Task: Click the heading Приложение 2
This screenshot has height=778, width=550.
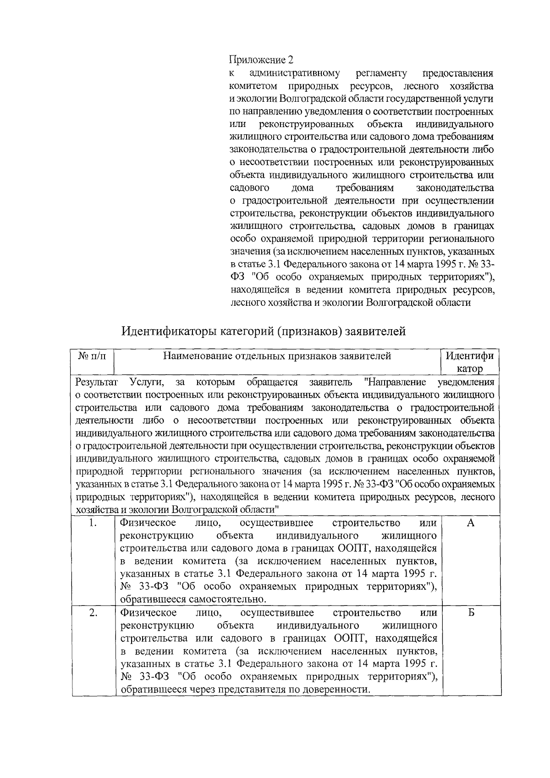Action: coord(260,60)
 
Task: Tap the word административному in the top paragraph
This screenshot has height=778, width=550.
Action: coord(295,73)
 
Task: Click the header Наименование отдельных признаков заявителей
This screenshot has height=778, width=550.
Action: coord(277,356)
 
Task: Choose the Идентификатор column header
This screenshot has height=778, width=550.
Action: coord(470,362)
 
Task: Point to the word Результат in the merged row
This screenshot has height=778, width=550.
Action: coord(97,382)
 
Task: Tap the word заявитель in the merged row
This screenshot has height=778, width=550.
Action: coord(330,382)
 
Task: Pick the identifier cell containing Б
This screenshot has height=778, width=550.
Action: coord(470,613)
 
